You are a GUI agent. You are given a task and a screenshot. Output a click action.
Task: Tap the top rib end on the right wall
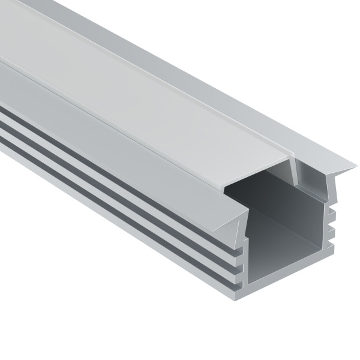[331, 207]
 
